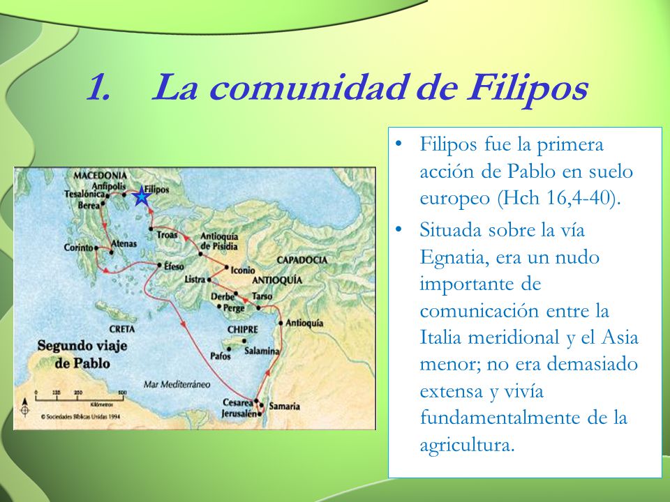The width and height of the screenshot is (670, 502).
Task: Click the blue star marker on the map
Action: pos(142,196)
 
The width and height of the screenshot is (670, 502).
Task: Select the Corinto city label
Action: pos(78,247)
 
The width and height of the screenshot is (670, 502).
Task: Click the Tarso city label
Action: pos(262,296)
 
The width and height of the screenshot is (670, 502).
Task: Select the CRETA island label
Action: pos(121,328)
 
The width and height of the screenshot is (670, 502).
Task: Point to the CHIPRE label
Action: pos(242,329)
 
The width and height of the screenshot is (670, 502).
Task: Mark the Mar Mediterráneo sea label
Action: pos(176,383)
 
